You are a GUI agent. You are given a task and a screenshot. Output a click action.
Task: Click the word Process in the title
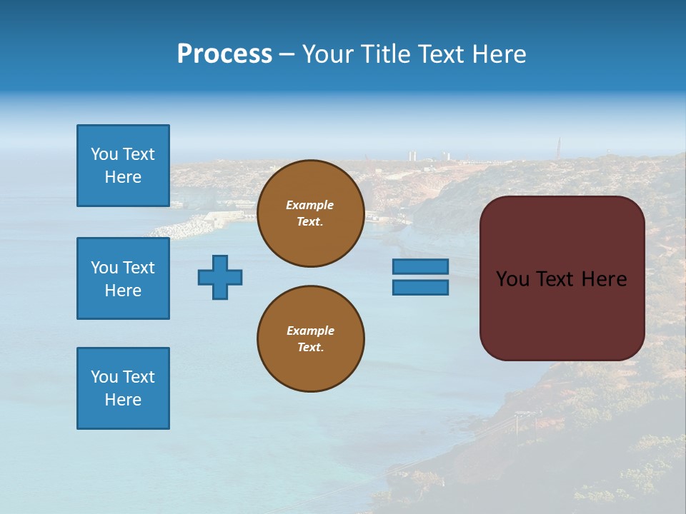tap(224, 54)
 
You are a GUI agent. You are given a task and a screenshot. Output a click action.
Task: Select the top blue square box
tap(123, 166)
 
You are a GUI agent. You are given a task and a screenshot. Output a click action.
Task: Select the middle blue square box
tap(123, 278)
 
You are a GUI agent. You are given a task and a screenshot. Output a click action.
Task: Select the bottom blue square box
tap(123, 388)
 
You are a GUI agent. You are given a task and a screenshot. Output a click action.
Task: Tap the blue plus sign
tap(220, 277)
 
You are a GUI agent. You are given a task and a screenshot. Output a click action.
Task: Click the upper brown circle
tap(310, 213)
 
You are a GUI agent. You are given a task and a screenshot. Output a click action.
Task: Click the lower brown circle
tap(310, 338)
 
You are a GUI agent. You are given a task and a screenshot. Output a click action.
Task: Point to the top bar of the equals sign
tap(420, 266)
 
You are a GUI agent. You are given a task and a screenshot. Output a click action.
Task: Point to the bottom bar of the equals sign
tap(420, 288)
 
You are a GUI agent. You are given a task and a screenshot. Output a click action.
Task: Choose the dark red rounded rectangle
tap(562, 314)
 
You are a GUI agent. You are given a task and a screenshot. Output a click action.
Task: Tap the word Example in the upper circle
tap(309, 205)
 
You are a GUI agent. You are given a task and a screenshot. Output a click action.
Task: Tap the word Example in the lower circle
tap(310, 331)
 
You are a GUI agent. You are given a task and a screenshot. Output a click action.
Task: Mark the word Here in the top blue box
tap(123, 177)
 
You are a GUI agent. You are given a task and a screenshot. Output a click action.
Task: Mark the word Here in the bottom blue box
tap(123, 400)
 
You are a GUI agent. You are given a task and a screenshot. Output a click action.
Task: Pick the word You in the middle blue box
tap(104, 268)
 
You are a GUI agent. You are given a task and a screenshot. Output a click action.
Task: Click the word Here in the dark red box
tap(604, 279)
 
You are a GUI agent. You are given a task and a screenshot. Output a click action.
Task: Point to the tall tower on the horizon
tap(558, 148)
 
